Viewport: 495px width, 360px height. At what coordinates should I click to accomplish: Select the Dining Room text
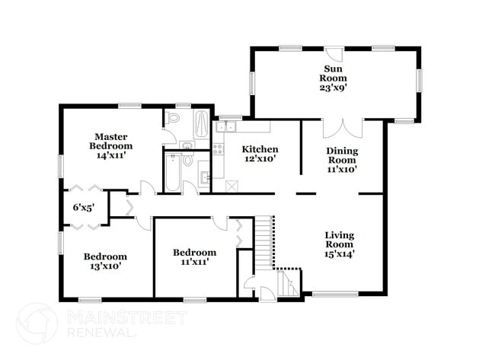[342, 160]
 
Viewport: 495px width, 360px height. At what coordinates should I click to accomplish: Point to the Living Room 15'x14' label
[339, 244]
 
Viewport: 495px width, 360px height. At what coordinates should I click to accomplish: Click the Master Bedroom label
[110, 145]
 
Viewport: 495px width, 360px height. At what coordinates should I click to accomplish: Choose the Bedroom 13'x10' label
[105, 261]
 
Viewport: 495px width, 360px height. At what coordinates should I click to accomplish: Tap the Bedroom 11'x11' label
[194, 256]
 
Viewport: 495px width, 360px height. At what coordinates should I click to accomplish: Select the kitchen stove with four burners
[219, 147]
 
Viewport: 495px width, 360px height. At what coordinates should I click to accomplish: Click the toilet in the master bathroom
[173, 119]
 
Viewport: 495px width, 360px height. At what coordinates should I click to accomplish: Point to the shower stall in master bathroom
[200, 124]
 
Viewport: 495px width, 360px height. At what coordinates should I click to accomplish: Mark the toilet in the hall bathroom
[187, 161]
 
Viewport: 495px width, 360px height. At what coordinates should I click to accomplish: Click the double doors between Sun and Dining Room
[342, 128]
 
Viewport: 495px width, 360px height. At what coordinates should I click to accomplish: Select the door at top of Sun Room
[334, 56]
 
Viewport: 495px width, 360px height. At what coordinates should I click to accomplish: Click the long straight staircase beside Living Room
[263, 241]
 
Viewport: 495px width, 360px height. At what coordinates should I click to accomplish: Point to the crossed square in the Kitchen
[233, 184]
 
